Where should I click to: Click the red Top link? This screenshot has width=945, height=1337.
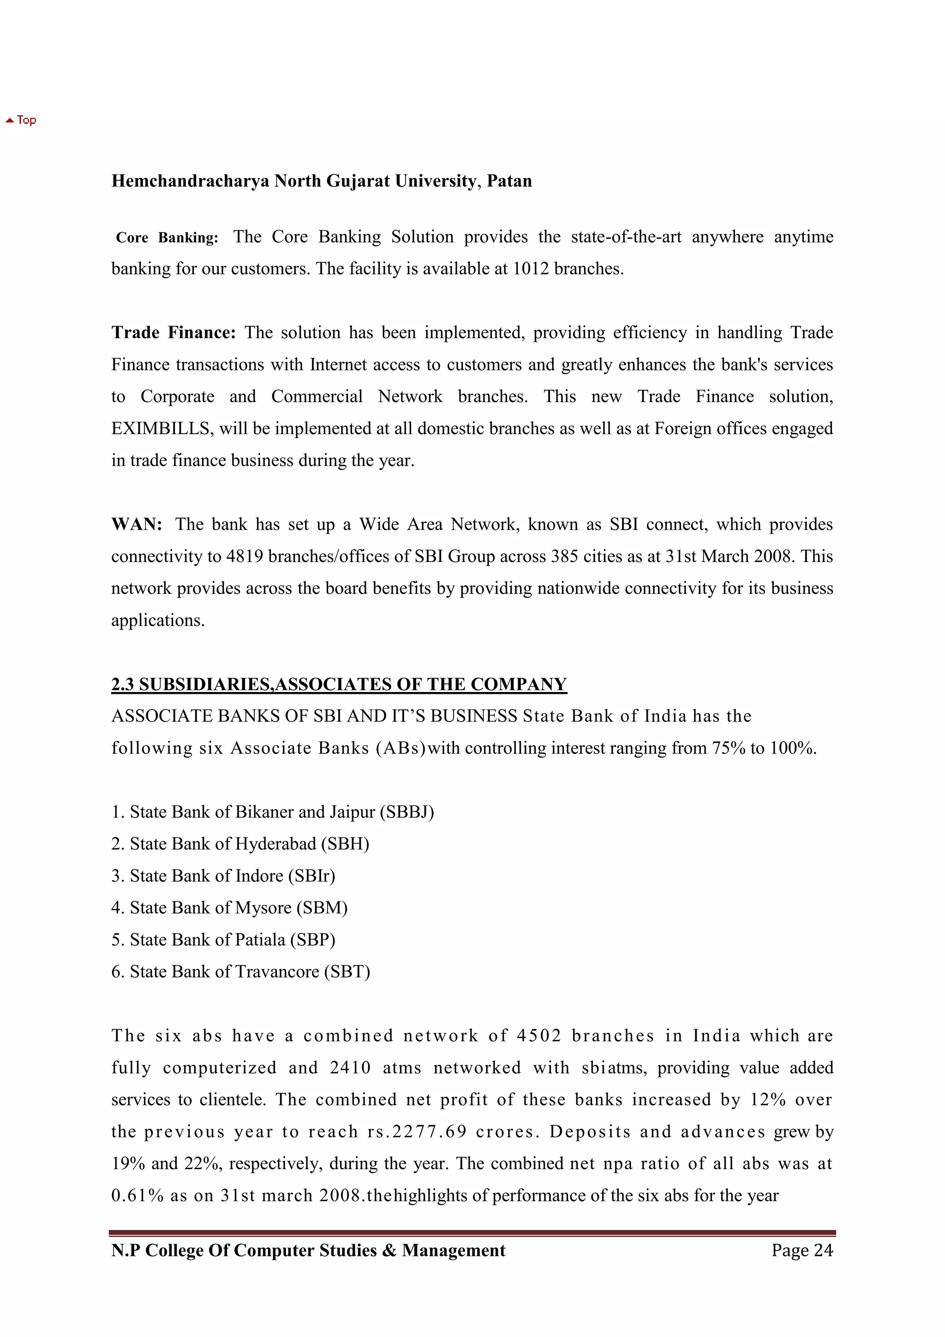(x=22, y=120)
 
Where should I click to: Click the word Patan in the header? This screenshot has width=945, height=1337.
(x=509, y=181)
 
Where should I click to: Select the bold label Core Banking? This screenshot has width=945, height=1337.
(x=167, y=238)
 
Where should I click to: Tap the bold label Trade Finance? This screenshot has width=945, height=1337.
(x=173, y=333)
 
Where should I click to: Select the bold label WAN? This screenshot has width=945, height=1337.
(x=136, y=524)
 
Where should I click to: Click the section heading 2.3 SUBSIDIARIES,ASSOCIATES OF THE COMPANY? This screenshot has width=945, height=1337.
(x=339, y=684)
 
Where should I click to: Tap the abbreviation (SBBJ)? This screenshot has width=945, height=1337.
(x=407, y=812)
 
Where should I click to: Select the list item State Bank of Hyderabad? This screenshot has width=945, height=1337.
(x=240, y=844)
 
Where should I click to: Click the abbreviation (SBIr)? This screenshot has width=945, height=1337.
(x=311, y=876)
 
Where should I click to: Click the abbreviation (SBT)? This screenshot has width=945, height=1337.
(x=347, y=972)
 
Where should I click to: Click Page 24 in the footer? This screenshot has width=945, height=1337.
(x=802, y=1251)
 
